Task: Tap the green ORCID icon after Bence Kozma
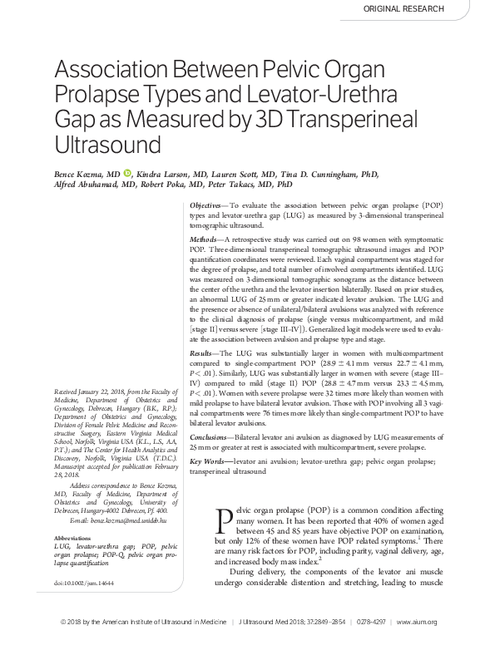point(127,174)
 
